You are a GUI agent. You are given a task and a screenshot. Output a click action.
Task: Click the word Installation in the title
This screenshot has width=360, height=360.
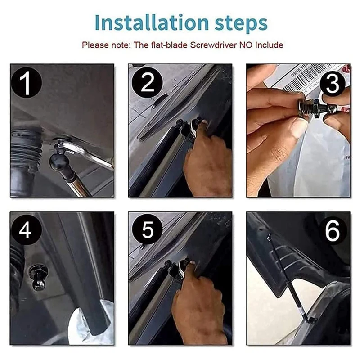tap(152, 22)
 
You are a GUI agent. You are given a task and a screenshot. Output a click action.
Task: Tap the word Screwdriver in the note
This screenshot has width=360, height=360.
tap(213, 45)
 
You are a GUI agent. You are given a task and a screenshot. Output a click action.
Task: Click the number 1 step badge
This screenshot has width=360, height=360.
tap(27, 83)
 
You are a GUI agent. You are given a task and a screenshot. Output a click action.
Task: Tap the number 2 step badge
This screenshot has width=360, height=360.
tap(148, 83)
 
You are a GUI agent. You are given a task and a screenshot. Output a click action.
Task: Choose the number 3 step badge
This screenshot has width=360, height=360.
tap(333, 84)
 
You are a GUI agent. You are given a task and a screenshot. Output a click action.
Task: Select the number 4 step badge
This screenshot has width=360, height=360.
tap(26, 230)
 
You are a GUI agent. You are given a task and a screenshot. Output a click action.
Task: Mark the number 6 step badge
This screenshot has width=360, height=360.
tap(333, 230)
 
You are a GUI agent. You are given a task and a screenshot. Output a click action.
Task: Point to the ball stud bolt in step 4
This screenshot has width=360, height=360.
tap(39, 277)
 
